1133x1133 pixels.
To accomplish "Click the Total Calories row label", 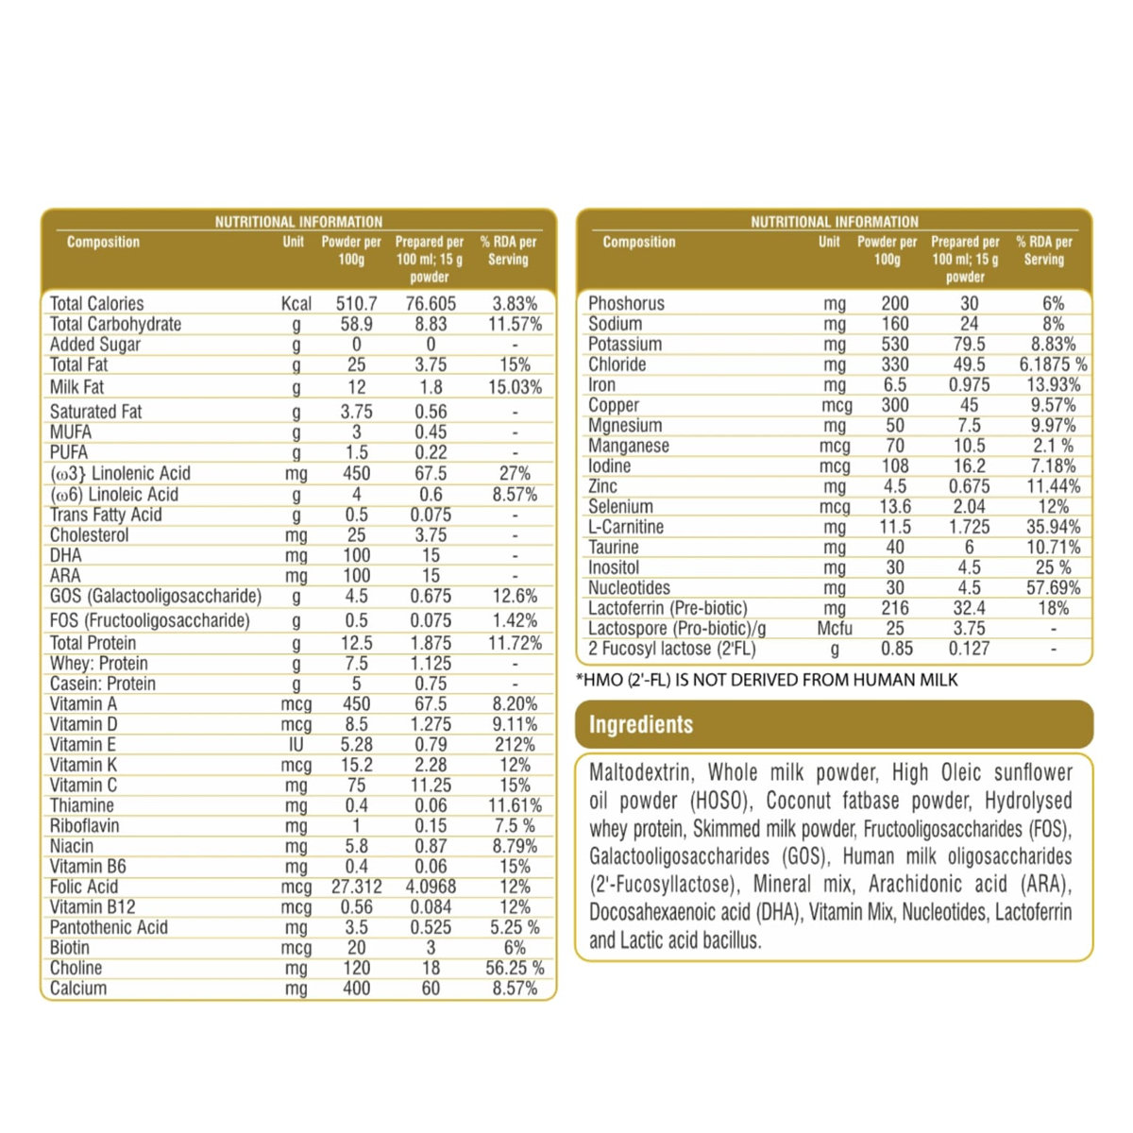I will point(96,304).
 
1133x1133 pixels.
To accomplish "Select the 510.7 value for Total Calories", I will point(356,304).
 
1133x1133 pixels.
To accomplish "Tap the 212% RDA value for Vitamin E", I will point(515,745).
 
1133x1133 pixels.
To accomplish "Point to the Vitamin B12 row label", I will point(92,907).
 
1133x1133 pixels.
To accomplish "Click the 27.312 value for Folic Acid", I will point(356,888).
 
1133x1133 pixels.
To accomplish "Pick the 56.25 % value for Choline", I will point(515,969).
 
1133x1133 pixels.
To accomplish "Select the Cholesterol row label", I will point(89,535).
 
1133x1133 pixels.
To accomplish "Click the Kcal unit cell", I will point(296,304).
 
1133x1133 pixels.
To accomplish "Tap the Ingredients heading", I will point(641,725).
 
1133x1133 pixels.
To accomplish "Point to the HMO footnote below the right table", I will point(767,680).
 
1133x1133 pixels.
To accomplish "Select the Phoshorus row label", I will point(626,304).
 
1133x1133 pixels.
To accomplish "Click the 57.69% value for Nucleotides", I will point(1053,588).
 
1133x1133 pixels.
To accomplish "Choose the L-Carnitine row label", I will point(625,528).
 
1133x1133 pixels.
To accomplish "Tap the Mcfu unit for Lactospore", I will point(835,629).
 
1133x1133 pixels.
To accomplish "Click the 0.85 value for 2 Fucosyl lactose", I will point(896,649).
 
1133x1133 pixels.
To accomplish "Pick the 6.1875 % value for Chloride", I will point(1053,364).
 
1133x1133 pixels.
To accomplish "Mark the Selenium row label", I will point(620,507).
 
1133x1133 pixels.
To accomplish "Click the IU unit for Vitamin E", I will point(296,745).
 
